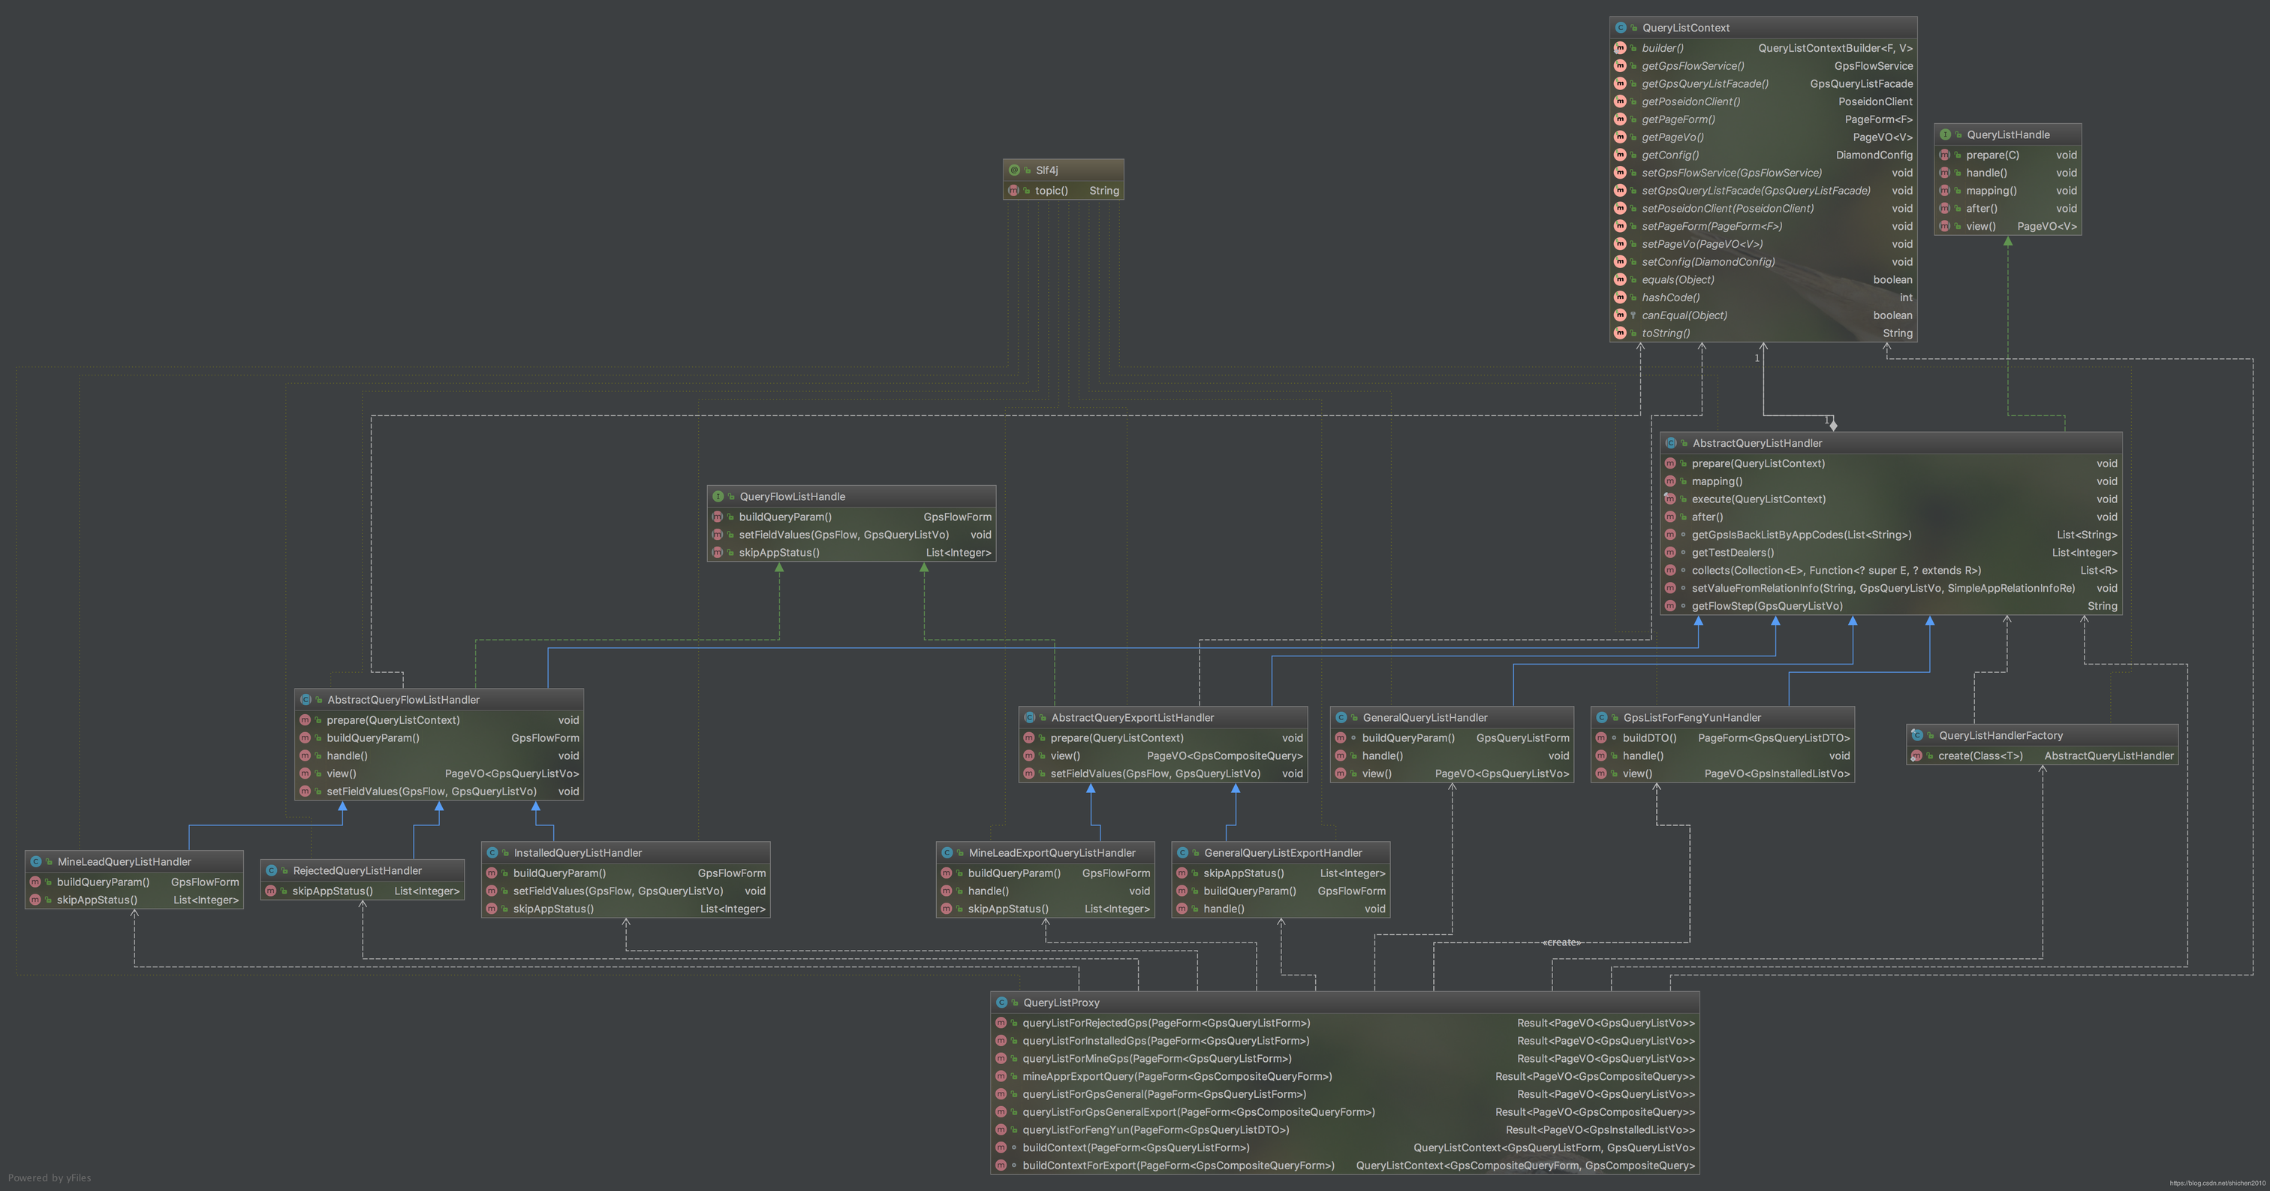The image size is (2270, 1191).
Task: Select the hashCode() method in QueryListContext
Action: (x=1670, y=298)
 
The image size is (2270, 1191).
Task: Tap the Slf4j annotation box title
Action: (x=1047, y=170)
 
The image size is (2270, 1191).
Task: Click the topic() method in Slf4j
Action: (x=1051, y=191)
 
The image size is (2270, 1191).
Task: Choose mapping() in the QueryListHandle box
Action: (x=1991, y=191)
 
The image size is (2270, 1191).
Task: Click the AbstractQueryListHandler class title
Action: (x=1757, y=443)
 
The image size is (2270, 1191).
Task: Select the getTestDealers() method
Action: (x=1733, y=553)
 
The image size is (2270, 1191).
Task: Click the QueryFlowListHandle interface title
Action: (x=791, y=497)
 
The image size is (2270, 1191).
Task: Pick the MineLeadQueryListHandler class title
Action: (x=125, y=862)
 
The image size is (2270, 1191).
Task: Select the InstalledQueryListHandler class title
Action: (x=577, y=853)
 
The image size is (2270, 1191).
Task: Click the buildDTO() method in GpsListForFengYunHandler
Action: (x=1648, y=738)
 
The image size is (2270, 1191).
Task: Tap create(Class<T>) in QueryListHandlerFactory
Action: (x=1980, y=756)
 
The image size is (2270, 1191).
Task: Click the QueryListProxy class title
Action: (x=1061, y=1003)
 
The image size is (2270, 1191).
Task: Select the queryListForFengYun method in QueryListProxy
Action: (x=1155, y=1130)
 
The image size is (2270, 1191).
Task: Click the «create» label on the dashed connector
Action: (x=1561, y=942)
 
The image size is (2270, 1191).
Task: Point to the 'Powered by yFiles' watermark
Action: (x=50, y=1177)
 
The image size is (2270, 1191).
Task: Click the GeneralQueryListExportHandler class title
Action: (x=1282, y=853)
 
